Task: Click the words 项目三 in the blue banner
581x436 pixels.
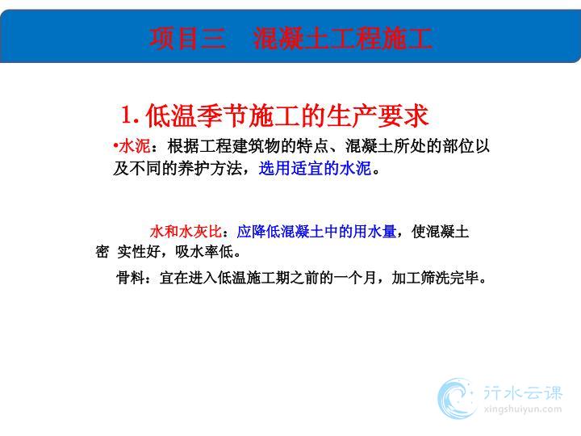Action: (x=187, y=39)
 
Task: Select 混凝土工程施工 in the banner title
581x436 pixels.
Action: (x=342, y=39)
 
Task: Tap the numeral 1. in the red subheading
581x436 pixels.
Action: (x=131, y=115)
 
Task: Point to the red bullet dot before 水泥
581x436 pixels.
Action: (x=115, y=145)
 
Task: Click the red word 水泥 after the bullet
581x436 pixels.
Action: (x=135, y=146)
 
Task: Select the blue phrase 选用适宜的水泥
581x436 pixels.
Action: (x=315, y=168)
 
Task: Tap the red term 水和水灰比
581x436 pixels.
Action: (x=186, y=232)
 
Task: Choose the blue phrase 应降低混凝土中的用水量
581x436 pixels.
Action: (x=316, y=232)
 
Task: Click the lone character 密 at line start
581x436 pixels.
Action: (x=102, y=252)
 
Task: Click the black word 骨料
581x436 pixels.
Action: (x=131, y=277)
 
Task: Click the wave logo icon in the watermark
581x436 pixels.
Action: (x=458, y=398)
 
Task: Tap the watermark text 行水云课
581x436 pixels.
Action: (x=523, y=393)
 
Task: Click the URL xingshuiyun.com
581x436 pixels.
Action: (x=523, y=409)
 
